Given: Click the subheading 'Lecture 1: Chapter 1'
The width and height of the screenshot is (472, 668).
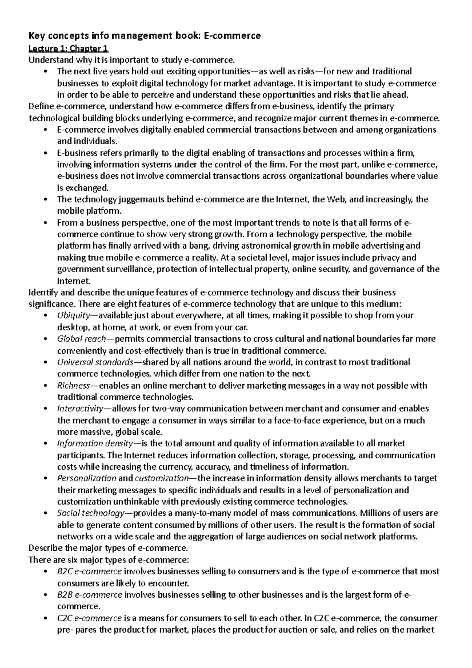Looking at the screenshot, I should coord(68,48).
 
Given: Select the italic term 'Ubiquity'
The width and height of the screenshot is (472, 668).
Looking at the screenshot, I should coord(73,316).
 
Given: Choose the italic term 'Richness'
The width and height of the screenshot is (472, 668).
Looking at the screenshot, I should coord(73,386).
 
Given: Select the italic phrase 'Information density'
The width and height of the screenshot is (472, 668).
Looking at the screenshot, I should coord(94,443).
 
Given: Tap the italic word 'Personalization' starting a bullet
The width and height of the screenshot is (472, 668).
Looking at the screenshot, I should coord(87,478).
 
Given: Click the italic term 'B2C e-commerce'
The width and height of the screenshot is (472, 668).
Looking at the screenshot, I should coord(89,571).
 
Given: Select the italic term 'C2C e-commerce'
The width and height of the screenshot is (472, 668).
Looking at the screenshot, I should coord(89,618).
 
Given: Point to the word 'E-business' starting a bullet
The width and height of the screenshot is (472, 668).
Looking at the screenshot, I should coord(76,153).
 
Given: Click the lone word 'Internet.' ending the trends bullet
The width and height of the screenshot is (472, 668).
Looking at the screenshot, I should coord(74,281).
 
